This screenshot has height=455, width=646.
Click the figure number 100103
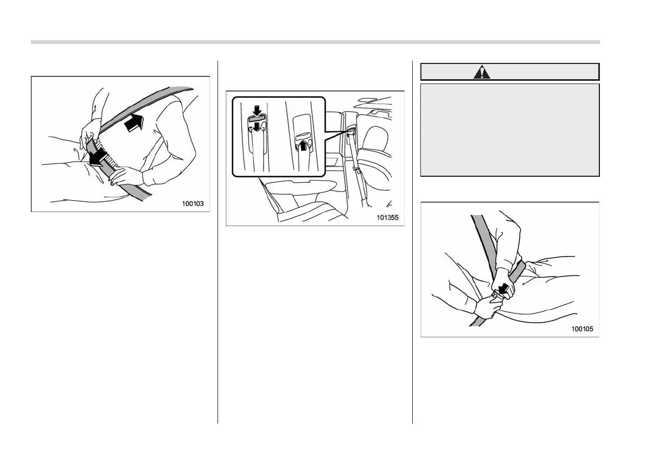pyautogui.click(x=193, y=203)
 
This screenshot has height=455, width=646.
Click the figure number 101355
pyautogui.click(x=388, y=217)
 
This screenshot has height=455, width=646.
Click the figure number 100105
pyautogui.click(x=582, y=329)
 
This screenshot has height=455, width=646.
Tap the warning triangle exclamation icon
pyautogui.click(x=482, y=72)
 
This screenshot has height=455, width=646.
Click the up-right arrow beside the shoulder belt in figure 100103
pyautogui.click(x=135, y=123)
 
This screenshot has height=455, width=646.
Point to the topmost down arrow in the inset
pyautogui.click(x=257, y=110)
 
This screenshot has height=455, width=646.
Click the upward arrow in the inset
pyautogui.click(x=304, y=145)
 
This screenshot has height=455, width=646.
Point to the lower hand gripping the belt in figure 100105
pyautogui.click(x=490, y=307)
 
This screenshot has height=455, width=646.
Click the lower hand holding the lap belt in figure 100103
pyautogui.click(x=126, y=177)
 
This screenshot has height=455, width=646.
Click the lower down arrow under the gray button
pyautogui.click(x=257, y=127)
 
